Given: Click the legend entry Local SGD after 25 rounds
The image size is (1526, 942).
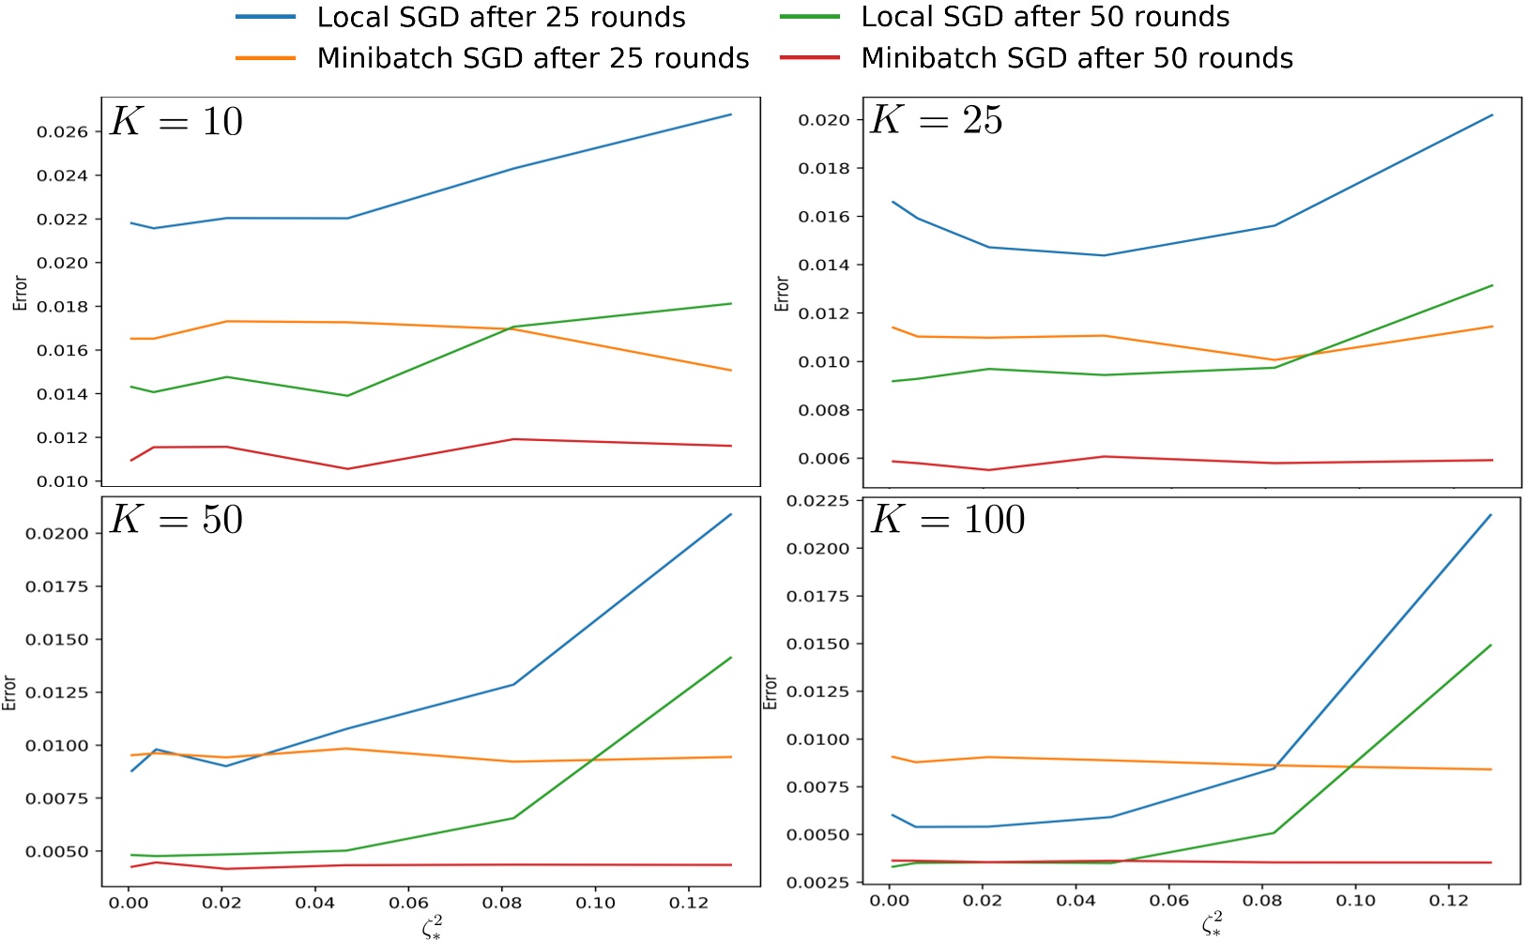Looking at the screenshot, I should pos(501,18).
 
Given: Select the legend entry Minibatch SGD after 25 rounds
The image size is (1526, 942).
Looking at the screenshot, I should pos(533,58).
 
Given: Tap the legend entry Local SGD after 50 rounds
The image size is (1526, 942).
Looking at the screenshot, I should pos(1045,18).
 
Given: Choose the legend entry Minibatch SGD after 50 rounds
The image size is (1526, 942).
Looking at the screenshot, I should pos(1076,58).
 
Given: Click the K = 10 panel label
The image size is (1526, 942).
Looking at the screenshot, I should pos(176,122).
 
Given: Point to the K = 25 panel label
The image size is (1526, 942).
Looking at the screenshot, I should pos(937,120).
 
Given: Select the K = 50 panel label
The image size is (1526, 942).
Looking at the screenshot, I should pos(176,520).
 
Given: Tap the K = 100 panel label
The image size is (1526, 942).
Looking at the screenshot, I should pos(948,520).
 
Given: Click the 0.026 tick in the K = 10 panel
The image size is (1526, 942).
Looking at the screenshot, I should pos(62,132).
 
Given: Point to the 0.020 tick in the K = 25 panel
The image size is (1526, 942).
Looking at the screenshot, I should pos(823,120).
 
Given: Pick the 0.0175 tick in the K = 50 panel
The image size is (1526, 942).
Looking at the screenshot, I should pos(56,586).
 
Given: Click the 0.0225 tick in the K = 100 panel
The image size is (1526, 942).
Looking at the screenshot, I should pos(817,501).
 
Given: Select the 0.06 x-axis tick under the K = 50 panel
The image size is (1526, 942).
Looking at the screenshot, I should pos(408,903).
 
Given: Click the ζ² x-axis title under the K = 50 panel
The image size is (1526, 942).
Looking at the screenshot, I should pos(432,927).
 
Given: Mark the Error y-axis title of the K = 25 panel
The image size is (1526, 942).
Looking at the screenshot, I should pos(782,294).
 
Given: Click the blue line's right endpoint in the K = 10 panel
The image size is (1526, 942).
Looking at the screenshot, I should pos(731,114).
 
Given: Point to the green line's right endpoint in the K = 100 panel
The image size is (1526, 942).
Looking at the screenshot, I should pos(1491,646).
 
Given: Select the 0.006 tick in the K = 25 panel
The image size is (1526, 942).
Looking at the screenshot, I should pos(823,459).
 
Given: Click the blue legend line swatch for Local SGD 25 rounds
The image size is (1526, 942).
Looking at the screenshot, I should pos(266,18).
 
